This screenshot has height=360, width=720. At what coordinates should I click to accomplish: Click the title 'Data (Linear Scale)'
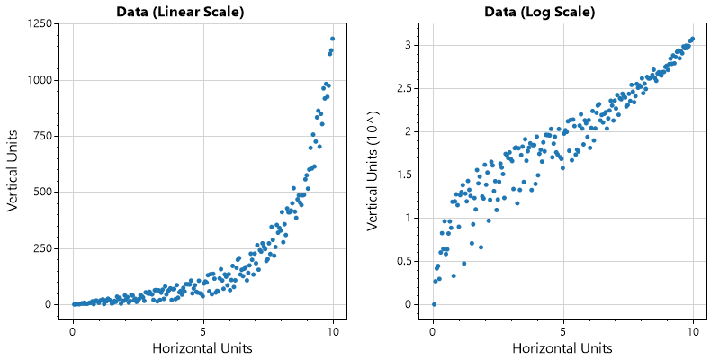pyautogui.click(x=180, y=12)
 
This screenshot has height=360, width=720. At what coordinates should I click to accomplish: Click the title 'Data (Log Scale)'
pyautogui.click(x=540, y=12)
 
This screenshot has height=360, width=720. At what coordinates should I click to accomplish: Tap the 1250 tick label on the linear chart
pyautogui.click(x=36, y=22)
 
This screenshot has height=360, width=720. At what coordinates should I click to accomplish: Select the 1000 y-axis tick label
pyautogui.click(x=36, y=80)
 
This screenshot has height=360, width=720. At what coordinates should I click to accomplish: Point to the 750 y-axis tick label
pyautogui.click(x=39, y=136)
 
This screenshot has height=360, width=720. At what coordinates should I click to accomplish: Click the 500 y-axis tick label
pyautogui.click(x=39, y=192)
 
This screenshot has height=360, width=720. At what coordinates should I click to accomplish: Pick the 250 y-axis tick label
pyautogui.click(x=39, y=248)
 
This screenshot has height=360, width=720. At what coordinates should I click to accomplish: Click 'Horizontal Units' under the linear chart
pyautogui.click(x=202, y=347)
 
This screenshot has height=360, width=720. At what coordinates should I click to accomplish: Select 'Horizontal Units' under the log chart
pyautogui.click(x=562, y=347)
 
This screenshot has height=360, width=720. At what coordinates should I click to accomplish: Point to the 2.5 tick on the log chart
pyautogui.click(x=411, y=88)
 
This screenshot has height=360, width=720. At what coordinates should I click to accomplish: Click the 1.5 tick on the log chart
pyautogui.click(x=411, y=175)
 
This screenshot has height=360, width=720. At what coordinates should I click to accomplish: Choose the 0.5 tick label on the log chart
pyautogui.click(x=411, y=261)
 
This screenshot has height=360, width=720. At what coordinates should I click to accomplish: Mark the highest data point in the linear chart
pyautogui.click(x=333, y=39)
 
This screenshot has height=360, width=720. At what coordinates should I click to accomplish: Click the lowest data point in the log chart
pyautogui.click(x=433, y=304)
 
